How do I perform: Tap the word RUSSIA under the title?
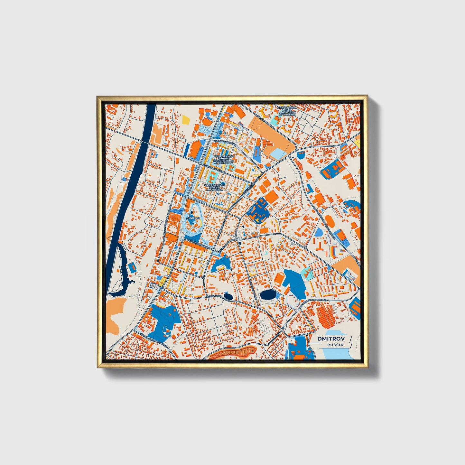(335, 345)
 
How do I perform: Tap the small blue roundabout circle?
(161, 288)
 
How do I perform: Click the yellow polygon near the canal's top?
(186, 120)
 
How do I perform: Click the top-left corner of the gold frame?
(98, 96)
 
